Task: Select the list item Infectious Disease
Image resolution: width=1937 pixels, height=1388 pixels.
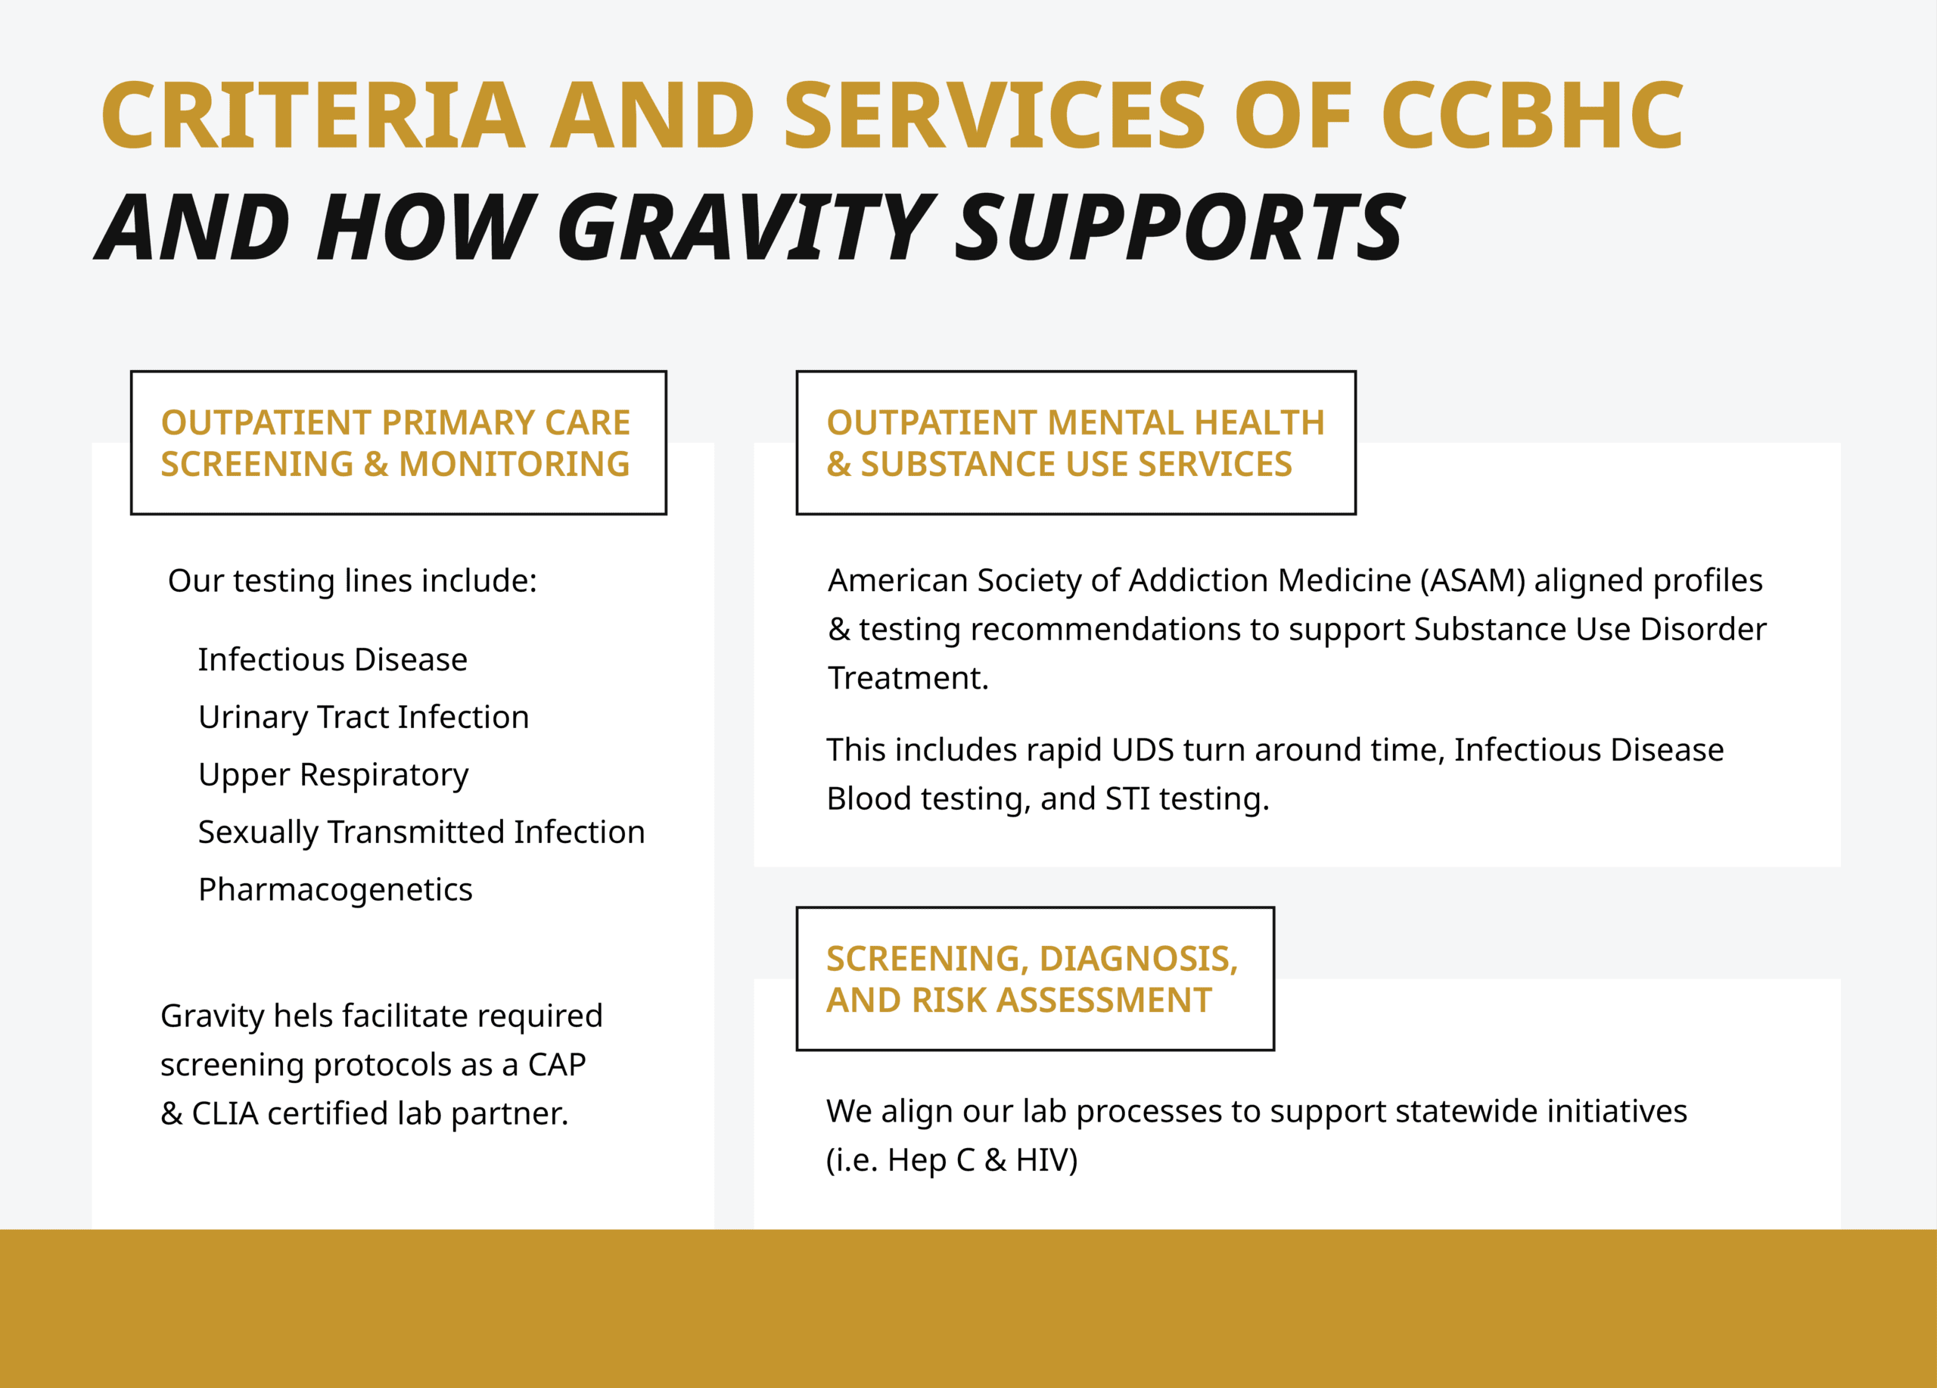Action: coord(332,659)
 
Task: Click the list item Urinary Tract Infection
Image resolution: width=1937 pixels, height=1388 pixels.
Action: coord(363,717)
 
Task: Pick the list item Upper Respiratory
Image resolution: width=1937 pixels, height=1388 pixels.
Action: coord(333,775)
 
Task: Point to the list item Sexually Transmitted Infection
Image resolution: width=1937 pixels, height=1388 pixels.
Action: coord(421,832)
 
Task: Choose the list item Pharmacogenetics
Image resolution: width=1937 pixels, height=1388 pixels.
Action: coord(334,889)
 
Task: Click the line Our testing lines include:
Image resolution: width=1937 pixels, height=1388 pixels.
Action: coord(352,580)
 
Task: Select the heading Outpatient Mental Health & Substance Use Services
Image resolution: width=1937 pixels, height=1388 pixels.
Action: coord(1074,443)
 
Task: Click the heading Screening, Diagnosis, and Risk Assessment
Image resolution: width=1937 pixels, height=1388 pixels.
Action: coord(1032,979)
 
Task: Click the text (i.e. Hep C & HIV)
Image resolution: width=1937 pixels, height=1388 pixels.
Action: coord(951,1160)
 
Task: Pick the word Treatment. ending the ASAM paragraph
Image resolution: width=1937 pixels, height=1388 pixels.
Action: coord(908,678)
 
